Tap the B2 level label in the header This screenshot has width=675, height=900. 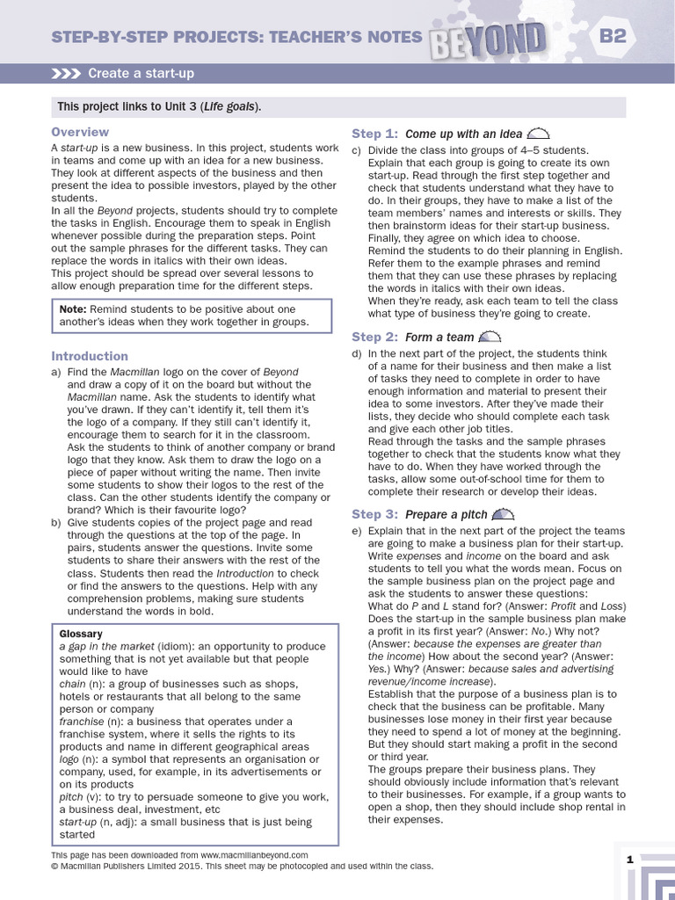[618, 36]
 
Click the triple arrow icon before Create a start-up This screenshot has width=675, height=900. [67, 73]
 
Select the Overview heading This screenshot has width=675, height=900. [80, 132]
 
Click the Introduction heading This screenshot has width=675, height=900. [90, 356]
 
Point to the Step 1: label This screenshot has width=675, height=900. [375, 134]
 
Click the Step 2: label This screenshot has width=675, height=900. [375, 337]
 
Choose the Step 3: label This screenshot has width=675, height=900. [375, 514]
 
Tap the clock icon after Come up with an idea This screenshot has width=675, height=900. [538, 134]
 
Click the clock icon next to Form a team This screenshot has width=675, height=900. [490, 337]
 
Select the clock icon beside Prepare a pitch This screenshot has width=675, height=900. [503, 514]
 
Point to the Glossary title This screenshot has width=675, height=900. [81, 634]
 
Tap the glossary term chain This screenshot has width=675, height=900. [72, 683]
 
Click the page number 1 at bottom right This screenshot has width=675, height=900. [629, 860]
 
